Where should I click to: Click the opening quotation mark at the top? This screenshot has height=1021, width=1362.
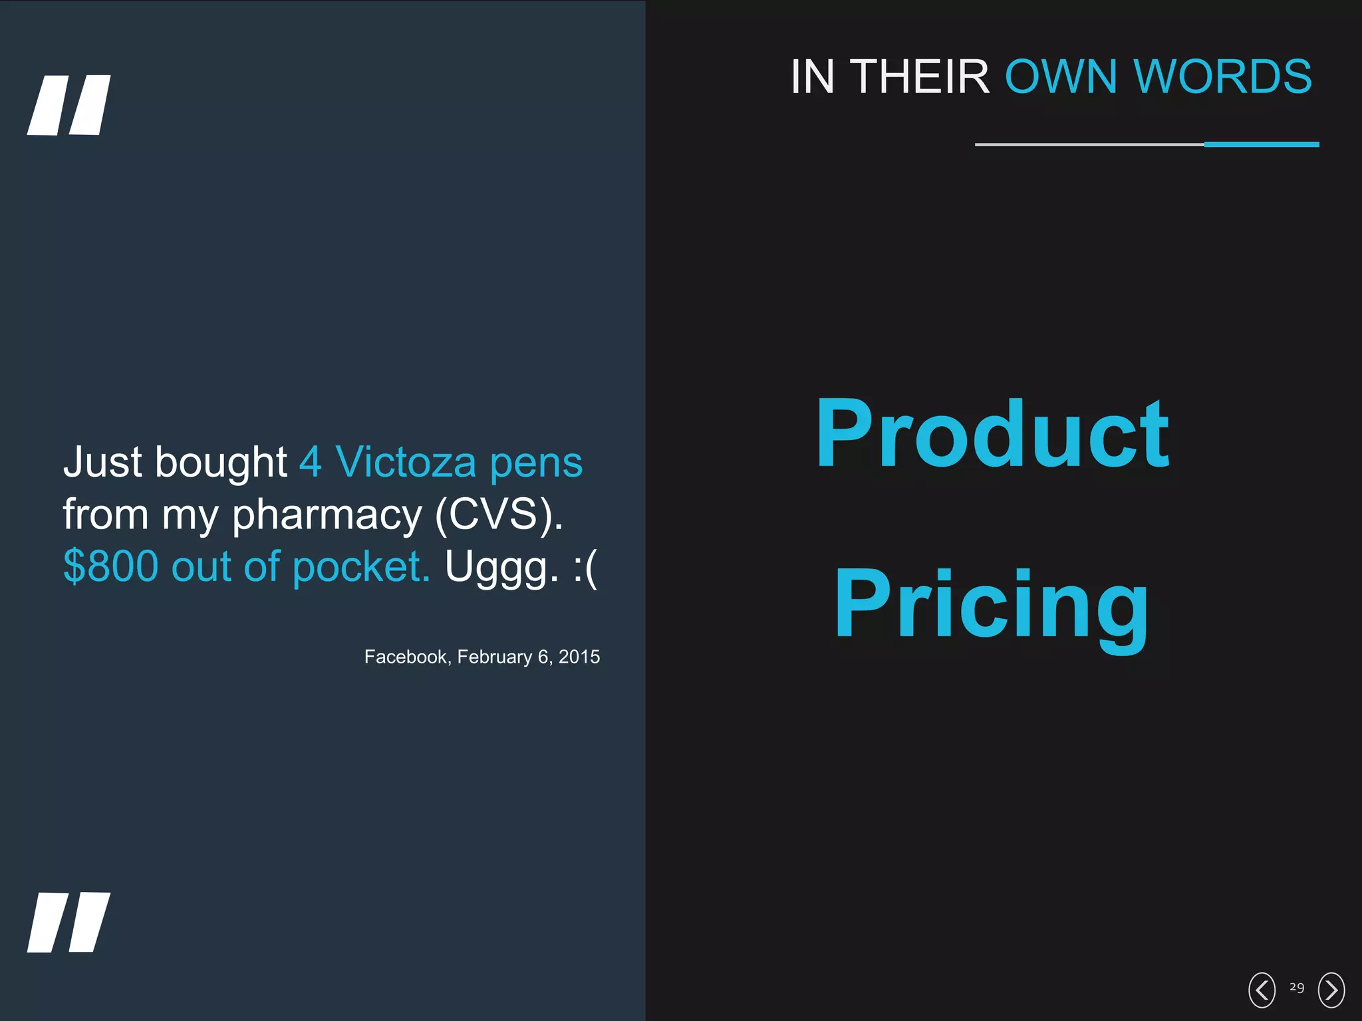pos(68,105)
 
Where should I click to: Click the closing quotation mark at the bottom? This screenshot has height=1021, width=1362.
pos(68,922)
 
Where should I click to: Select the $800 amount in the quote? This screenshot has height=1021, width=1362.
pos(111,566)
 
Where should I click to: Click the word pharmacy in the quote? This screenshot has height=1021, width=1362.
pos(327,514)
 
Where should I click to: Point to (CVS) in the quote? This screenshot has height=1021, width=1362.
pos(499,514)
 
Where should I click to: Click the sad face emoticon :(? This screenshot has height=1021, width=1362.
pos(585,568)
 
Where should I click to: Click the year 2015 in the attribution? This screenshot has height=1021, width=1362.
pos(579,657)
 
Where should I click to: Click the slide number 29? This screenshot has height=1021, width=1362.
pos(1297,987)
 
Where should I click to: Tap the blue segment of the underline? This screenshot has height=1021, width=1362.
pos(1262,144)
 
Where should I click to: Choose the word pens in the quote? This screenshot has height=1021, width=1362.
pos(536,463)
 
